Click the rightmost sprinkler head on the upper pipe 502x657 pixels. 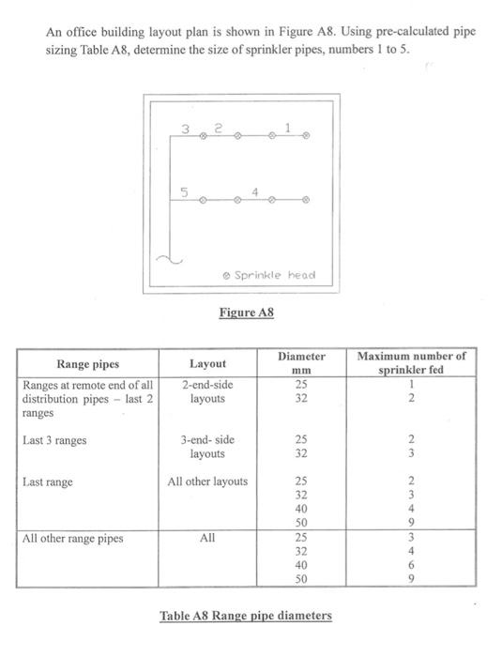coord(306,137)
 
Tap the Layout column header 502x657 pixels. coord(207,363)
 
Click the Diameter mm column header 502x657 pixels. coord(301,363)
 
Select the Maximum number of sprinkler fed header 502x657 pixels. coord(411,363)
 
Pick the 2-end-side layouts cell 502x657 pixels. coord(206,390)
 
